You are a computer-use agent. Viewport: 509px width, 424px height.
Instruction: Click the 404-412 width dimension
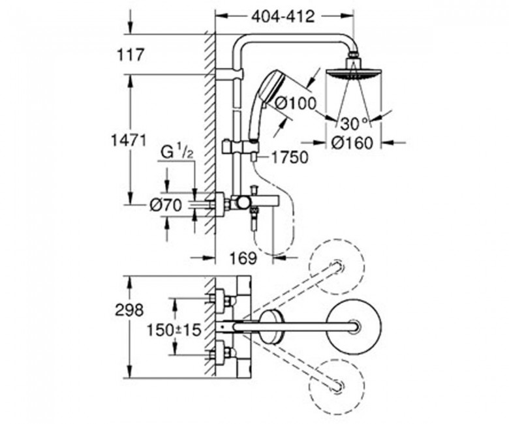click(x=283, y=16)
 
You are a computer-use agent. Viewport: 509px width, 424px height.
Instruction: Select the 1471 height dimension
click(x=129, y=140)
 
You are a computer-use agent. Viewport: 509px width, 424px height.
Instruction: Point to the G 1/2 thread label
click(x=177, y=153)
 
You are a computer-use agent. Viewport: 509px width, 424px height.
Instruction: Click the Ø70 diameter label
click(x=166, y=205)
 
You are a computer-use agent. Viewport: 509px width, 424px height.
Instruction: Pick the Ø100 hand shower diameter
click(x=296, y=104)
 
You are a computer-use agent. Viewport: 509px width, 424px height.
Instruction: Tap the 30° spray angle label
click(x=355, y=123)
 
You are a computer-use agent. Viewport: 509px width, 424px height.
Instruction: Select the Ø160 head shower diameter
click(x=352, y=143)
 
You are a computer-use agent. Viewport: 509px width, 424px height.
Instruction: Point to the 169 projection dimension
click(x=243, y=258)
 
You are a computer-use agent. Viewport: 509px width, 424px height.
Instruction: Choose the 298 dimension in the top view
click(x=129, y=310)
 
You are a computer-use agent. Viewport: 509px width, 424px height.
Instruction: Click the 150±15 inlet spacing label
click(x=174, y=330)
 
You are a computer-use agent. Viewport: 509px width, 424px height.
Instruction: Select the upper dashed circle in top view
click(x=336, y=267)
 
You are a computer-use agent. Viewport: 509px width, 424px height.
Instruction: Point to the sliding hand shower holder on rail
click(x=241, y=146)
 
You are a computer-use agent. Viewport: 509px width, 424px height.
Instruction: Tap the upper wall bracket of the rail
click(x=229, y=74)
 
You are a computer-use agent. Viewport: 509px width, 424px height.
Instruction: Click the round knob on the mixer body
click(x=243, y=203)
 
